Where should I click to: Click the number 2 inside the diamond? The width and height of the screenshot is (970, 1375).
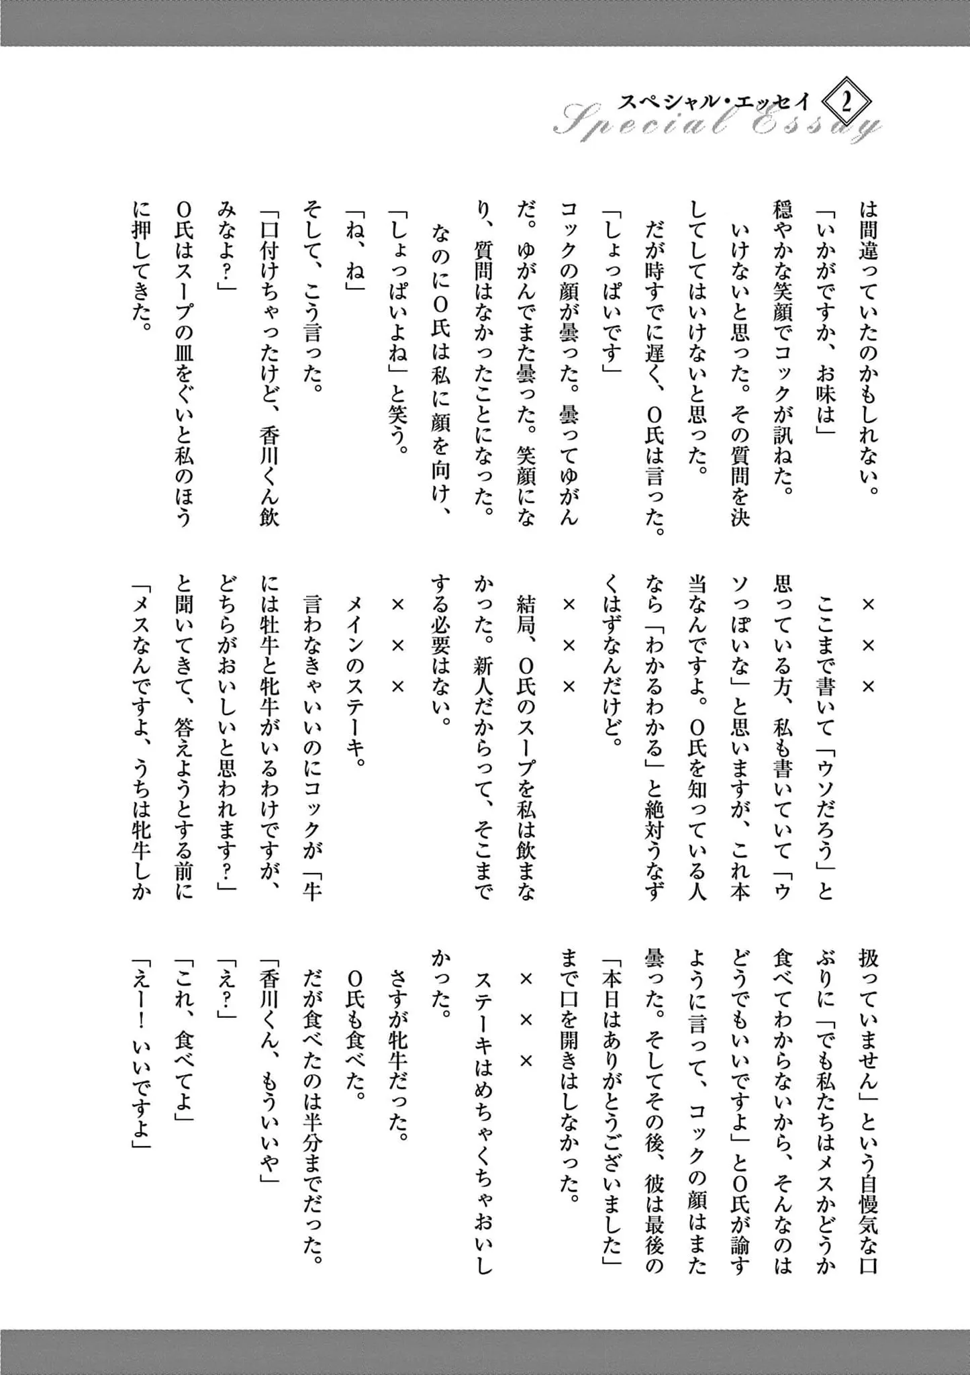846,103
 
